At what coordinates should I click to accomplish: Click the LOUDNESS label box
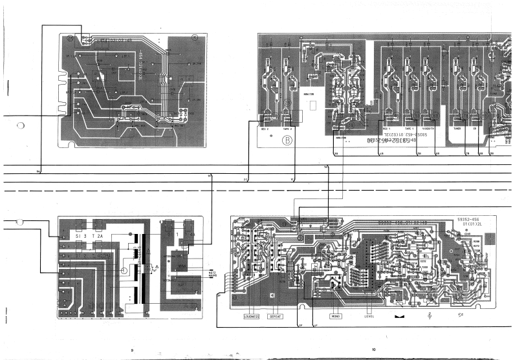(x=252, y=317)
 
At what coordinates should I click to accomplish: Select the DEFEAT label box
(x=276, y=317)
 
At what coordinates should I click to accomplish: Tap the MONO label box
(x=335, y=317)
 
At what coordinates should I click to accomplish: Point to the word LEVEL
(x=369, y=317)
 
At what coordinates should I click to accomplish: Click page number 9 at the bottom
(x=131, y=350)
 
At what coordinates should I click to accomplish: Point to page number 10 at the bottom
(x=373, y=350)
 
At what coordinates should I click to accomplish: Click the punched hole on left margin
(x=21, y=125)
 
